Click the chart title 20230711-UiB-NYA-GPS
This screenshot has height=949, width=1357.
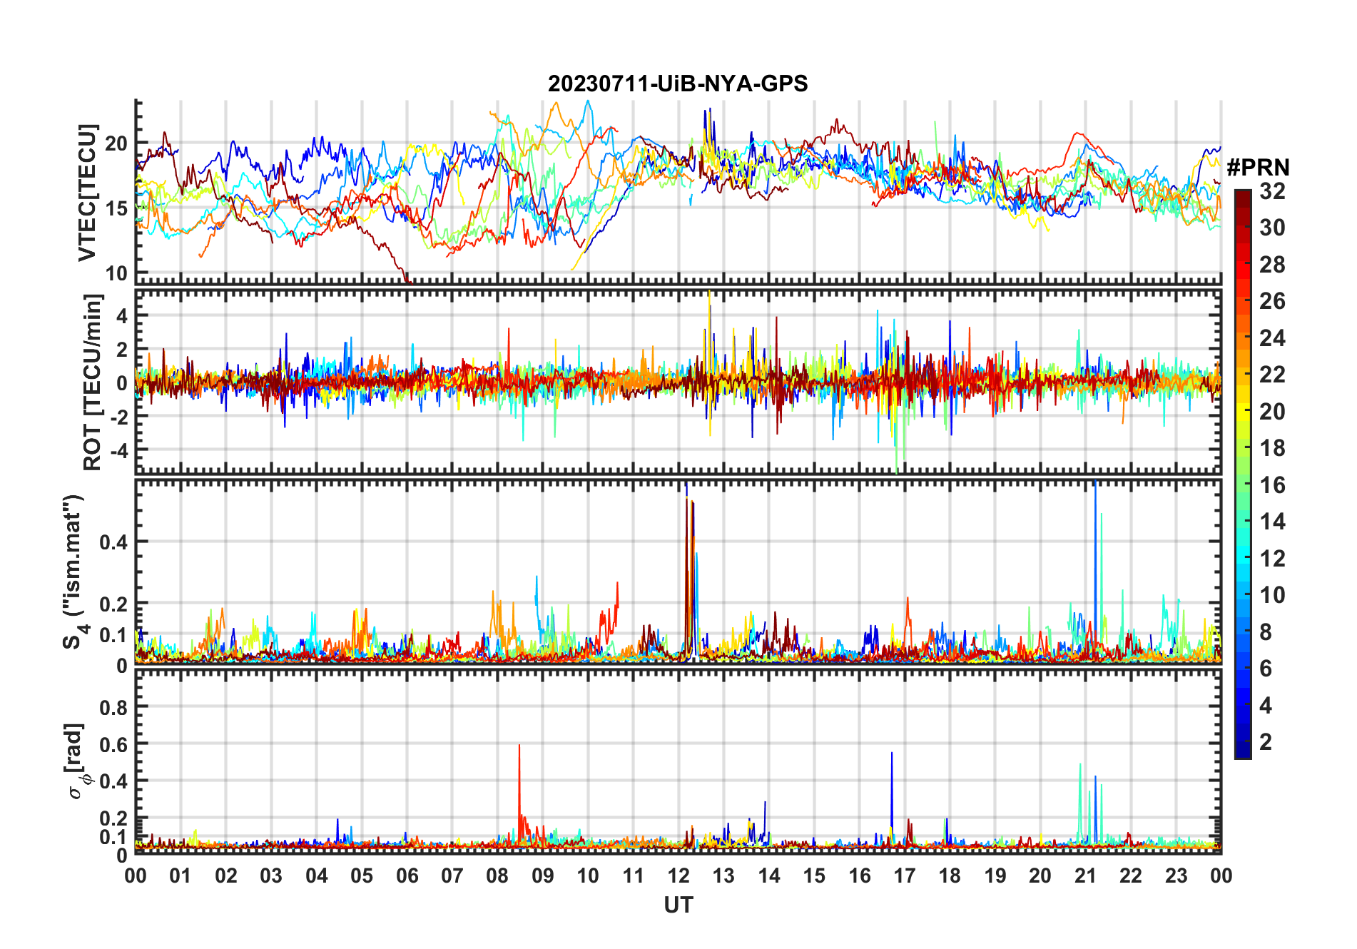(678, 84)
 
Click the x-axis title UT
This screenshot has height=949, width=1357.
(678, 905)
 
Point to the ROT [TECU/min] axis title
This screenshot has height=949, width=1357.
(93, 382)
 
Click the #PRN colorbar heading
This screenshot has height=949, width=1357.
(1258, 168)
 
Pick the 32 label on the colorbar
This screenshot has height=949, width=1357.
(1272, 191)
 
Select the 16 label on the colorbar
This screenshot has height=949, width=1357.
(1272, 485)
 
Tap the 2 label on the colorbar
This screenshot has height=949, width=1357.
(1266, 742)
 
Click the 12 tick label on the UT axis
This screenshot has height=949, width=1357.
(678, 876)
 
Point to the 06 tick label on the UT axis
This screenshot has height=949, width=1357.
(407, 876)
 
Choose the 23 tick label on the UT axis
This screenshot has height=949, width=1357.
(1176, 876)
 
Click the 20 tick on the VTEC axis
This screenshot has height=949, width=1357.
(116, 143)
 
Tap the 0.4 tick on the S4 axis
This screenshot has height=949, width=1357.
(113, 542)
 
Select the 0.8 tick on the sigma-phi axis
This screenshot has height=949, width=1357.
(113, 707)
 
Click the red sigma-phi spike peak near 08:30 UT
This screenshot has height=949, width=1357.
(519, 746)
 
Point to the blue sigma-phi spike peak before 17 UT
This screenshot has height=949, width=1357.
(891, 753)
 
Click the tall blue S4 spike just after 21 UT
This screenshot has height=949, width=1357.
(1095, 484)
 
